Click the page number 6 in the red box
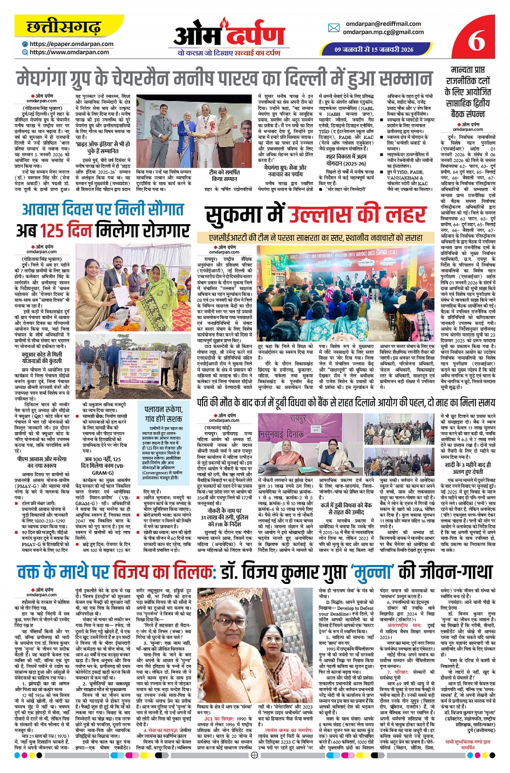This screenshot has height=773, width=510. click(477, 38)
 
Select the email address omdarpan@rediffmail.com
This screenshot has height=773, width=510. click(383, 24)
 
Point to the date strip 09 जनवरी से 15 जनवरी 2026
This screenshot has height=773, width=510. click(374, 49)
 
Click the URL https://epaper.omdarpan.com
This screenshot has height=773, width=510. click(71, 44)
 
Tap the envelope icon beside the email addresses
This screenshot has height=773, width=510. click(334, 28)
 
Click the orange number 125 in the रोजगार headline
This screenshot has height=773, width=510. click(57, 230)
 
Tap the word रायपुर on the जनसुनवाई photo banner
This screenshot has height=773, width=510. click(297, 419)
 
